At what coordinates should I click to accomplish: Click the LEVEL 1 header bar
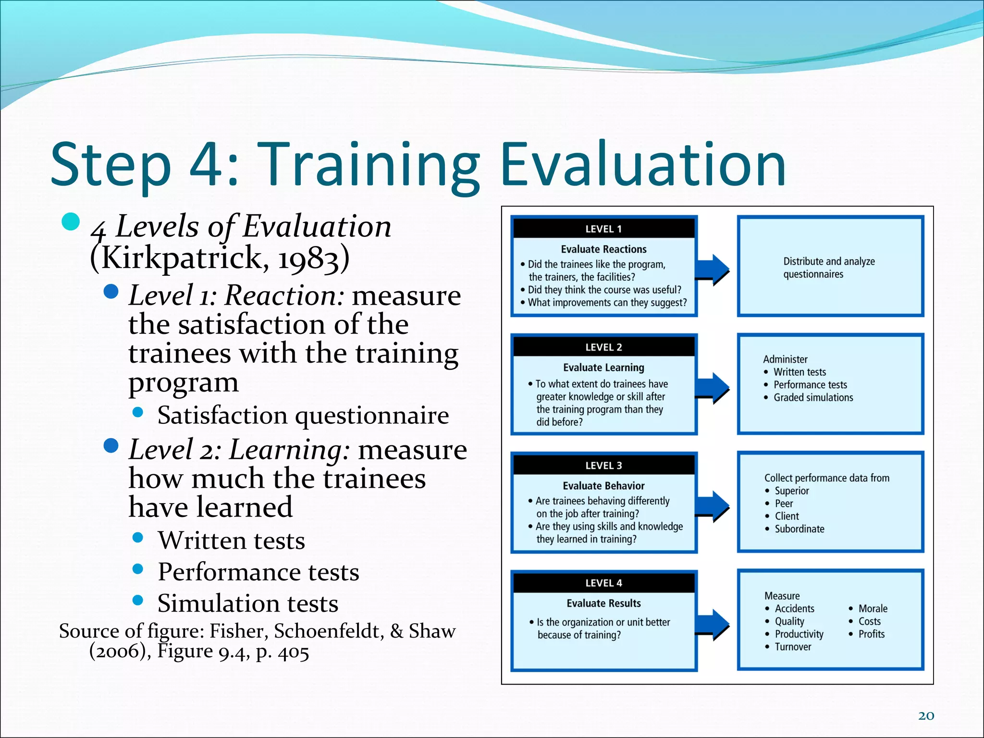[603, 229]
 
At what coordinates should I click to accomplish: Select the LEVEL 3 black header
[603, 465]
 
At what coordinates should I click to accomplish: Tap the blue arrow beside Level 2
[713, 388]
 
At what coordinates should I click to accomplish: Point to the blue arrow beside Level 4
[713, 625]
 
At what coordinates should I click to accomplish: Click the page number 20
[926, 716]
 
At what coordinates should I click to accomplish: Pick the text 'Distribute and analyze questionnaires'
[828, 268]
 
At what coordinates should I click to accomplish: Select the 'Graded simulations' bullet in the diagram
[813, 397]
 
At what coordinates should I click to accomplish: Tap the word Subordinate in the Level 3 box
[799, 529]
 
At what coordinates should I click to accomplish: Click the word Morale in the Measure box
[873, 608]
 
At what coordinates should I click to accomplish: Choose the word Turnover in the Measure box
[793, 647]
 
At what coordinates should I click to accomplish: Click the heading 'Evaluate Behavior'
[603, 486]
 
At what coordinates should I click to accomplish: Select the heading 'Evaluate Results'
[603, 603]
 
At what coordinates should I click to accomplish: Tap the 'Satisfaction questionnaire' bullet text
[303, 415]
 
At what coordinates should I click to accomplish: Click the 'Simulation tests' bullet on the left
[248, 603]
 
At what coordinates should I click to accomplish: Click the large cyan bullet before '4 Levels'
[71, 221]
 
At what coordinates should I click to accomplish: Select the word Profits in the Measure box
[871, 634]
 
